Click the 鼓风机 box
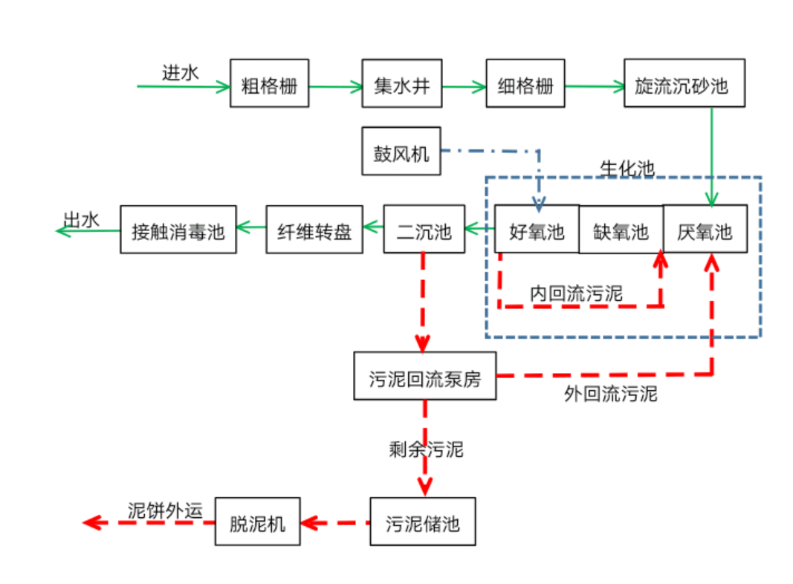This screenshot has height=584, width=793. coord(401,152)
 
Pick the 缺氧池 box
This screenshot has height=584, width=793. coord(621,231)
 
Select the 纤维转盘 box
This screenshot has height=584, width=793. coord(314,230)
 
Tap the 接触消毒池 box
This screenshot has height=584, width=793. coord(178,230)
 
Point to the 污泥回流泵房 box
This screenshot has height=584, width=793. coord(424,376)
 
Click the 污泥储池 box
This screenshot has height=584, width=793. coord(422,522)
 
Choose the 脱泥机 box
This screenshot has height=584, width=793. coord(257,522)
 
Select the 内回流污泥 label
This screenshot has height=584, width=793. coord(576,293)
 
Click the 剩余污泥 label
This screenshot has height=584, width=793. coord(426,449)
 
